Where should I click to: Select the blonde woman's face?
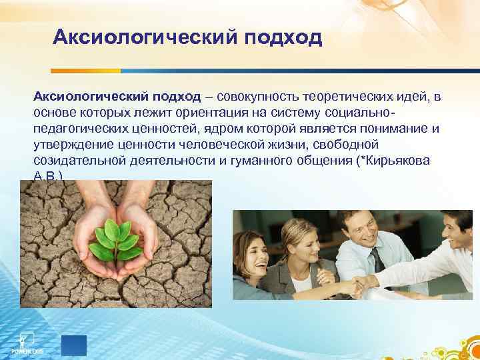(299, 241)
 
